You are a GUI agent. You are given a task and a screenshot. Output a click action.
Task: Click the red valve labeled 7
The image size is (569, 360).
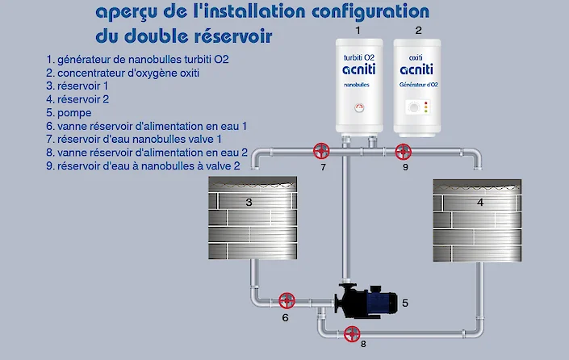[x=322, y=151]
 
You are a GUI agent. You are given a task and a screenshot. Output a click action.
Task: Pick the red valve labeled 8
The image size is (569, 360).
[x=351, y=334]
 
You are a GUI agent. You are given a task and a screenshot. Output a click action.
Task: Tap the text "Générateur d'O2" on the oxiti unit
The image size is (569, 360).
[x=419, y=84]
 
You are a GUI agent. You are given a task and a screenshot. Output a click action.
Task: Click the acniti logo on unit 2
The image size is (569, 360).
[x=419, y=71]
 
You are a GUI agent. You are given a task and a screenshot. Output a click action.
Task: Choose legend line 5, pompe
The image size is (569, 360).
[x=69, y=113]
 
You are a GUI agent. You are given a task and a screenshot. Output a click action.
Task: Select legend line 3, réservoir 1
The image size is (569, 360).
[x=77, y=86]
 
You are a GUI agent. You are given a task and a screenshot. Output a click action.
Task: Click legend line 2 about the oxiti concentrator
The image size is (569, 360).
[x=123, y=73]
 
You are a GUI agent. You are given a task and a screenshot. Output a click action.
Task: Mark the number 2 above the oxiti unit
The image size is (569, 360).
[x=418, y=31]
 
